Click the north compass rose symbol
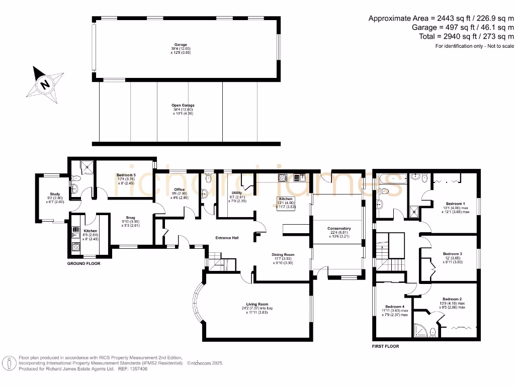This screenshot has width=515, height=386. [45, 83]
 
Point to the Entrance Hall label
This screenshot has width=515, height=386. [226, 238]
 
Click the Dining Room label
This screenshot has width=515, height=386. [283, 255]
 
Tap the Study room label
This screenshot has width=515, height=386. [55, 194]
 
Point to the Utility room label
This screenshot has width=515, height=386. [237, 192]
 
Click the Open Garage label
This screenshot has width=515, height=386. [182, 106]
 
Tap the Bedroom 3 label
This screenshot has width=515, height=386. [452, 254]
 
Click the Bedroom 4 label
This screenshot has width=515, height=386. [394, 307]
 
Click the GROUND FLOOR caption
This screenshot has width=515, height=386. [83, 263]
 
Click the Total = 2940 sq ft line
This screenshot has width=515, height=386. [466, 36]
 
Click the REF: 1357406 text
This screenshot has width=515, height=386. [133, 368]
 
